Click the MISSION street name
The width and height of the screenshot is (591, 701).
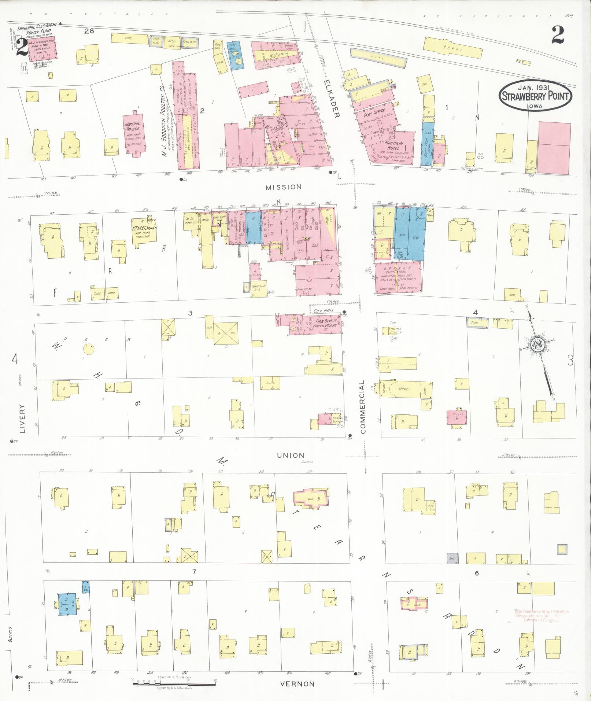tap(284, 187)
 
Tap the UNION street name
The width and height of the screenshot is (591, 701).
tap(290, 455)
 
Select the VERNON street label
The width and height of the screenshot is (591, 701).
tap(297, 684)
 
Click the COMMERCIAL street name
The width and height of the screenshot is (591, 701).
tap(363, 407)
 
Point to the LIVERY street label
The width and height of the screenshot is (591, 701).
tap(22, 418)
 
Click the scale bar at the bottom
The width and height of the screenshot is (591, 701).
tap(174, 682)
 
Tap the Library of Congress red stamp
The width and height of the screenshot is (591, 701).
tap(541, 616)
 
